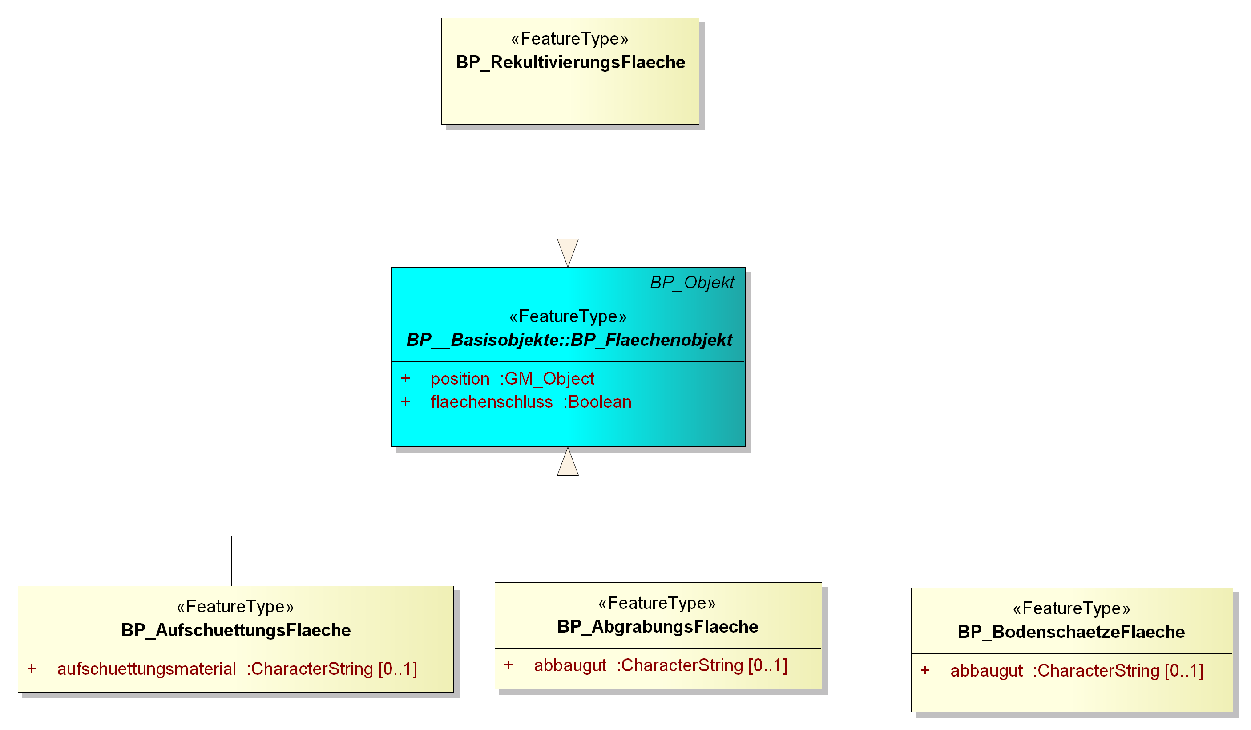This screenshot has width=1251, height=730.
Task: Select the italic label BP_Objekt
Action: click(x=692, y=283)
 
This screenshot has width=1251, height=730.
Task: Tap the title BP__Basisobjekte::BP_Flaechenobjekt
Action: click(x=569, y=340)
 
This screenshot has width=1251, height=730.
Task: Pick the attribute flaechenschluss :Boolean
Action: click(x=531, y=402)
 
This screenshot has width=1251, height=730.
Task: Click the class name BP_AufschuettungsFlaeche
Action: click(x=236, y=630)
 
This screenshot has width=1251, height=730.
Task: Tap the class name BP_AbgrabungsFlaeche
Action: click(x=657, y=627)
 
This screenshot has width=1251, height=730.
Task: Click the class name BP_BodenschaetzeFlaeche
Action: click(x=1071, y=632)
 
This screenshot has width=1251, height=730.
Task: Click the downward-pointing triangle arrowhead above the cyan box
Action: click(x=567, y=253)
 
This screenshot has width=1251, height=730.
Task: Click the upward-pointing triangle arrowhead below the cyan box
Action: click(x=567, y=461)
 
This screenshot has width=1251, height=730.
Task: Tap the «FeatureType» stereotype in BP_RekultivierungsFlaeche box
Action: click(x=570, y=39)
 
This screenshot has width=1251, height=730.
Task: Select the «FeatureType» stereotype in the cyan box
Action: click(x=568, y=316)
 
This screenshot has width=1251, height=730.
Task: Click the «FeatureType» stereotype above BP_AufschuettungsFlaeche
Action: click(x=235, y=607)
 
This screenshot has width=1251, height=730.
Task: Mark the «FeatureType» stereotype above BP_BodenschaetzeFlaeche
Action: click(x=1071, y=608)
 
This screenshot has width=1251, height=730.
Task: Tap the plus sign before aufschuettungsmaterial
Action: click(x=32, y=669)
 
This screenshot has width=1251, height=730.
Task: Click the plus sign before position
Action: click(x=406, y=378)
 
